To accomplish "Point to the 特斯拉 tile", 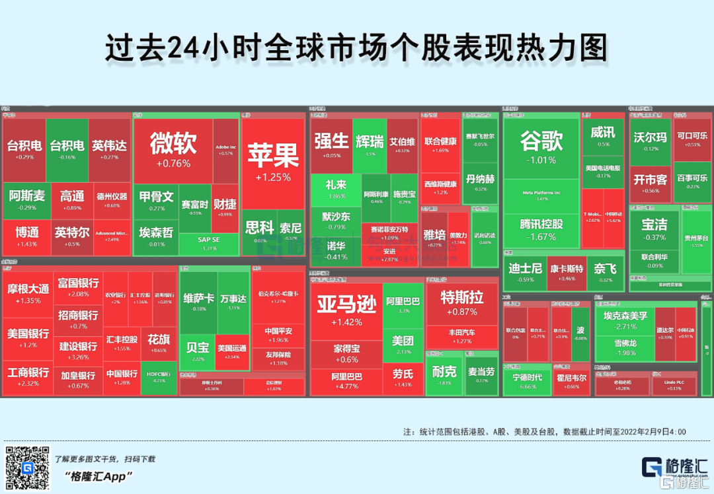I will (462, 302).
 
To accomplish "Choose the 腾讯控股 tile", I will (541, 229).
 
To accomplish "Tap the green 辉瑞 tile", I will (370, 145).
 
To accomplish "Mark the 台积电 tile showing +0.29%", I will (24, 149).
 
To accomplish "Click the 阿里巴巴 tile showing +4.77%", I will (346, 380).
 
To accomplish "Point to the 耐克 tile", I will (444, 374).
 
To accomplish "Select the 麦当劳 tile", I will (481, 374).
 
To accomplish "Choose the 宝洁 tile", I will (654, 229).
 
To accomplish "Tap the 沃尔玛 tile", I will (651, 141).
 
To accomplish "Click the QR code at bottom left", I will (28, 468).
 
